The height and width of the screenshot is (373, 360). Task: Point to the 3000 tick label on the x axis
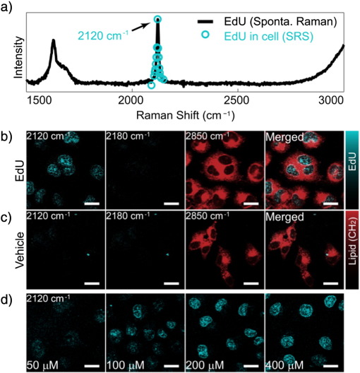pyautogui.click(x=330, y=102)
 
